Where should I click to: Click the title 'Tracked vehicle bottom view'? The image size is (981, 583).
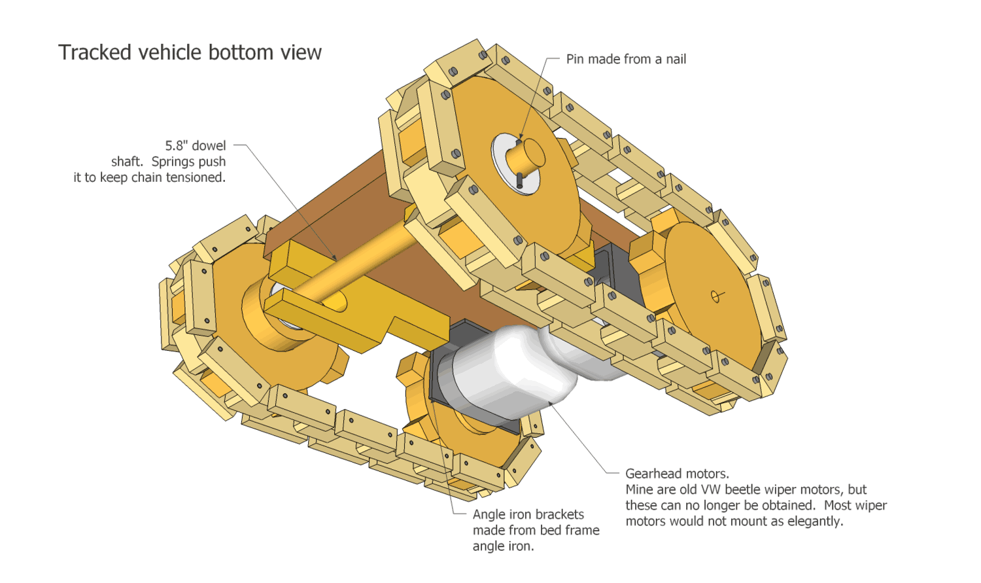tap(190, 52)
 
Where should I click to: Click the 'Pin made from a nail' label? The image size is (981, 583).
tap(626, 60)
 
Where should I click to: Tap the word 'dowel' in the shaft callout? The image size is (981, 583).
tap(209, 146)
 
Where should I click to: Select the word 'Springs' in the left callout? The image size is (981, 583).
tap(173, 162)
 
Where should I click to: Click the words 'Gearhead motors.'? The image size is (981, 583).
tap(677, 474)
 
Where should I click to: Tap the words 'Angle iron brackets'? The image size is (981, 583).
tap(528, 515)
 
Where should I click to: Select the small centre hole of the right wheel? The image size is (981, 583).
tap(717, 296)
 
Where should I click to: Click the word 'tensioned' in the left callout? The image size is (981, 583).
tap(195, 177)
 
